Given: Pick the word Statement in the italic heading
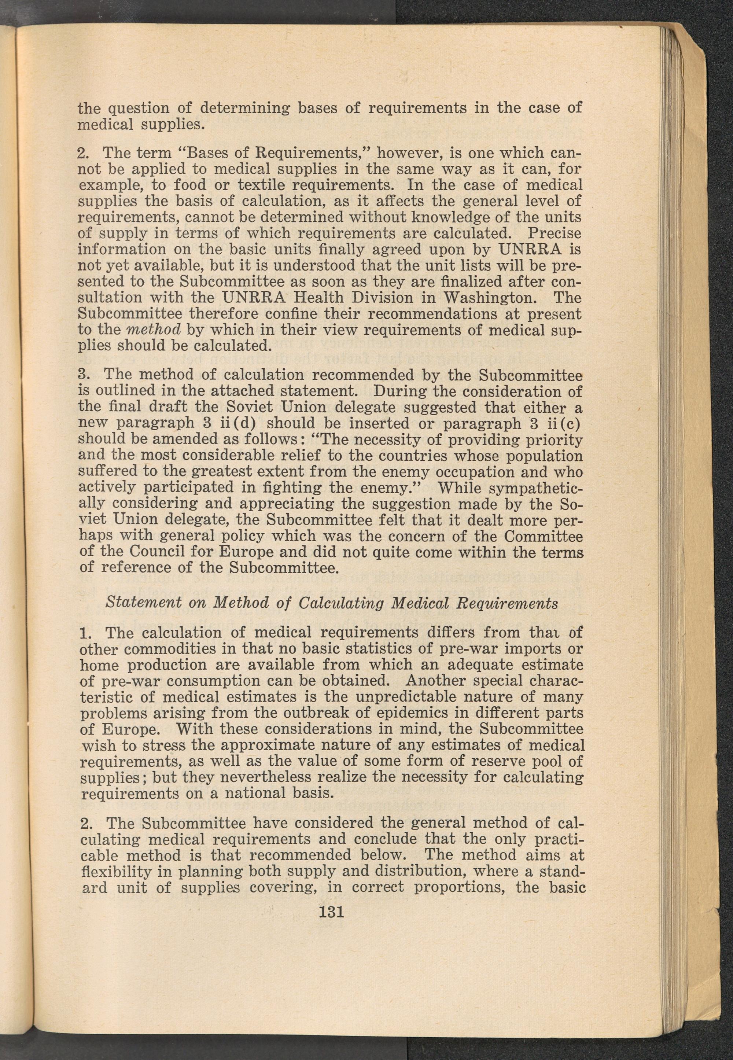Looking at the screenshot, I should pyautogui.click(x=143, y=603).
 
